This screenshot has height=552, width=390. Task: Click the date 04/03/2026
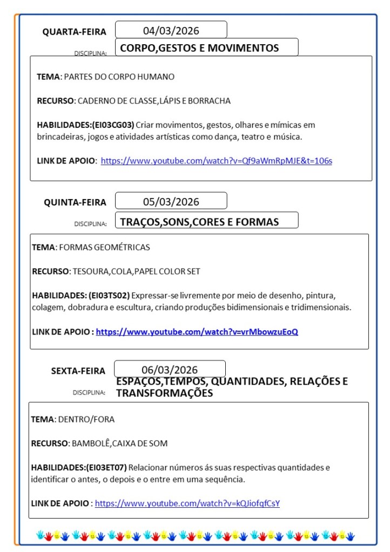click(x=171, y=30)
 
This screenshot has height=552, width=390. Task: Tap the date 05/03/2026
click(x=171, y=202)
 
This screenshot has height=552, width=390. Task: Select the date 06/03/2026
click(x=170, y=370)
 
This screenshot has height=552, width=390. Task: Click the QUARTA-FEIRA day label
click(x=75, y=32)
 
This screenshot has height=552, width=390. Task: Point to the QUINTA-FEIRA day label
click(x=75, y=202)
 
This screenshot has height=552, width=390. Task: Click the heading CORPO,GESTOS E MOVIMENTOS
click(x=199, y=48)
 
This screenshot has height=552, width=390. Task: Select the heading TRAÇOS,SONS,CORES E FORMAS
click(x=199, y=222)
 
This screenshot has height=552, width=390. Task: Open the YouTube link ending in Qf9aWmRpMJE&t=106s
click(x=216, y=160)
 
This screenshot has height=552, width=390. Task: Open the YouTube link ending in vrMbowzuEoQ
click(x=197, y=331)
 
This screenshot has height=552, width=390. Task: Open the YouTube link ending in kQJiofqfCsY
click(x=187, y=503)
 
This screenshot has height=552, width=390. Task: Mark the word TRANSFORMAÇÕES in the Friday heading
click(x=164, y=393)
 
